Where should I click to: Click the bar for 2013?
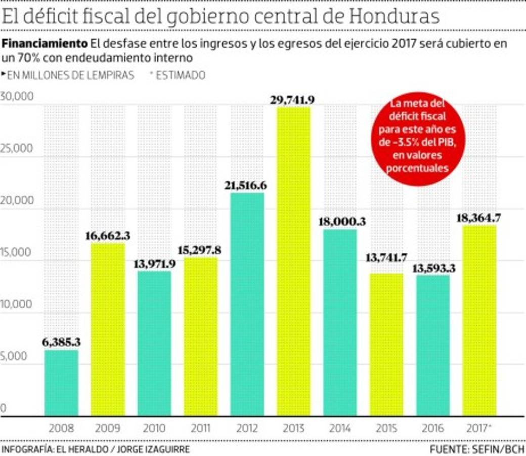293,261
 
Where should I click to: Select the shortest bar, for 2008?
61,383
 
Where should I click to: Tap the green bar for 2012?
247,304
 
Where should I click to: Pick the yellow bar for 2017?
479,320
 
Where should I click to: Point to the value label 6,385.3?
61,343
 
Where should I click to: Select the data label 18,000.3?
340,221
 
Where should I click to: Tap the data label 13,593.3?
433,268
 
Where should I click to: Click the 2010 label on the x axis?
154,429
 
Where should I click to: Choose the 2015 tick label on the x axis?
386,429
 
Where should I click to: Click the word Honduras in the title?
394,17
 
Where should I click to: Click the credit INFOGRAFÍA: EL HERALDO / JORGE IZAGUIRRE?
96,449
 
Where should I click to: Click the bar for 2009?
107,329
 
